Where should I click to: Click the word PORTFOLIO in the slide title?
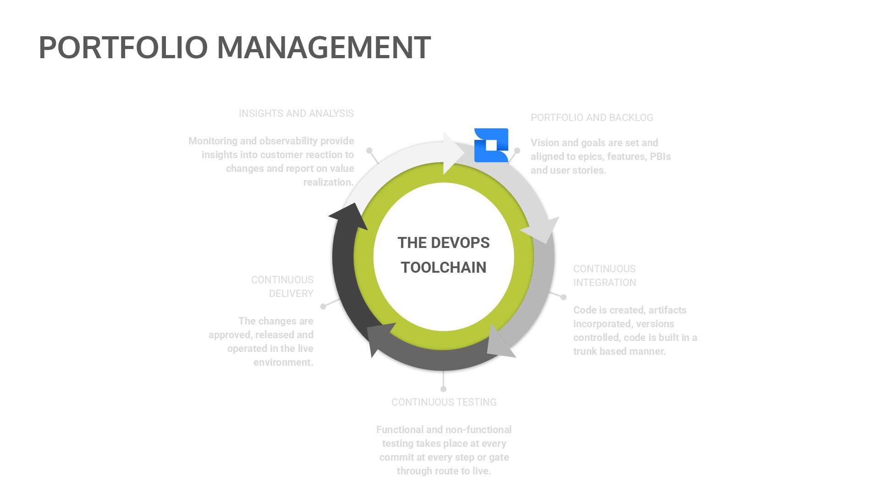click(123, 47)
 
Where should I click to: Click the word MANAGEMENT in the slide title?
click(324, 47)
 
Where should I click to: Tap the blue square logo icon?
click(491, 145)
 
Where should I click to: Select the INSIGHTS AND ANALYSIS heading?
click(296, 114)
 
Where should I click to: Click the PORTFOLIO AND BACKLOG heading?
click(592, 118)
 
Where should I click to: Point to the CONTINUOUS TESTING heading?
click(444, 402)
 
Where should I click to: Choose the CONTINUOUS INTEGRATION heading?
click(605, 275)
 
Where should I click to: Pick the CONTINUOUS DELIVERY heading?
click(282, 286)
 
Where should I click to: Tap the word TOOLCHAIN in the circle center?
click(443, 268)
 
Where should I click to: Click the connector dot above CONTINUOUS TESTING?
click(443, 389)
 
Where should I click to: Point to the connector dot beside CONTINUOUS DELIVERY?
click(323, 306)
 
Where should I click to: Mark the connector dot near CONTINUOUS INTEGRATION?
click(563, 297)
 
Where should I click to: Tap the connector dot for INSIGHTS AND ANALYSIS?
click(369, 150)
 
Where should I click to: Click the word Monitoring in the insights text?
click(213, 141)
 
